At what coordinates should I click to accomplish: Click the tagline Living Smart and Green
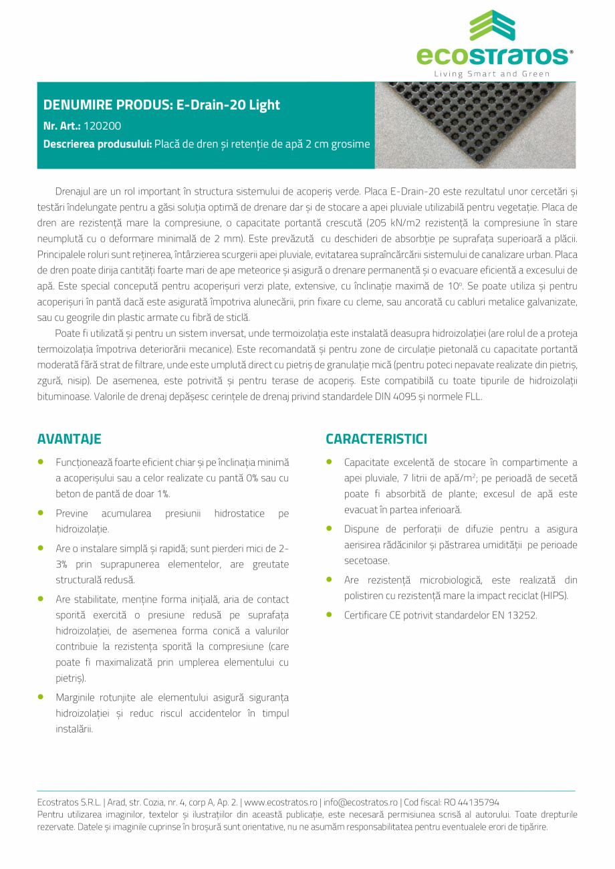point(492,74)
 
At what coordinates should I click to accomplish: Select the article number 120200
point(102,125)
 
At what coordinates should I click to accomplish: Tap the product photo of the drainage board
point(475,125)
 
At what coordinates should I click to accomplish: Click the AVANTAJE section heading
point(69,439)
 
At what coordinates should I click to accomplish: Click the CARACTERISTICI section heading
point(376,439)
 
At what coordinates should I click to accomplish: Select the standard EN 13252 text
point(514,615)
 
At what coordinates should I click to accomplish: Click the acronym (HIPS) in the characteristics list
point(554,596)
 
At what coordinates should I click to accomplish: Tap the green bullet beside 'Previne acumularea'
point(41,513)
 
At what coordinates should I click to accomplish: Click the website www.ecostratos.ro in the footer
point(281,802)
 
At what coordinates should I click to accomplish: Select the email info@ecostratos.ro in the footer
point(360,802)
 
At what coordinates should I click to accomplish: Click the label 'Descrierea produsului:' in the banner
point(97,144)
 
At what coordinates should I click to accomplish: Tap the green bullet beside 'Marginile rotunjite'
point(41,697)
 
